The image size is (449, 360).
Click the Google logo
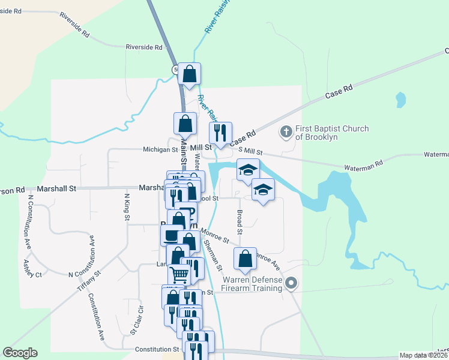(20, 353)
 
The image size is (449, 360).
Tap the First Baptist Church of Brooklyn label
(332, 133)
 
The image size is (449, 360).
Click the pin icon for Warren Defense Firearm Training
(291, 283)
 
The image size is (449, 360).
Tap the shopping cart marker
(179, 275)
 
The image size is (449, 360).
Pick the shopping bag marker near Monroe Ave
(245, 259)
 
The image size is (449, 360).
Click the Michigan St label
(160, 149)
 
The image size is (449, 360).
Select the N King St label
(127, 206)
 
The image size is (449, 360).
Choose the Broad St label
(240, 222)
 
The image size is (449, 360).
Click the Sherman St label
(213, 254)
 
